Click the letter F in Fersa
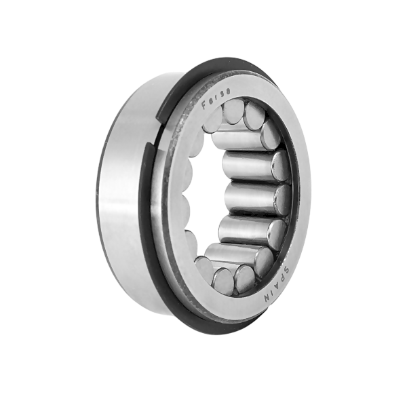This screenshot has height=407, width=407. (x=205, y=105)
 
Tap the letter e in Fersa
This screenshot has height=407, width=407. (x=212, y=100)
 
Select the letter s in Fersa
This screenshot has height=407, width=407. (x=223, y=94)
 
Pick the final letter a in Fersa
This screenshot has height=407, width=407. (x=229, y=92)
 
